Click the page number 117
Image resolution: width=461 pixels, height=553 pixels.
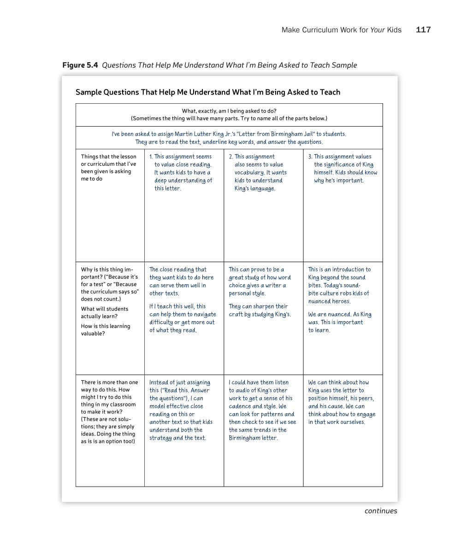423,30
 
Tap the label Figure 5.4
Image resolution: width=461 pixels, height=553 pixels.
80,65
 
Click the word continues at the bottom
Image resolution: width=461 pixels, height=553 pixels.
380,511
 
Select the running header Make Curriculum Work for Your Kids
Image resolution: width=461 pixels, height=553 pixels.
341,30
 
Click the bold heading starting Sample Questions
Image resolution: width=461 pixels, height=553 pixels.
207,92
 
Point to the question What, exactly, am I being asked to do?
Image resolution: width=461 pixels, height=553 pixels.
229,111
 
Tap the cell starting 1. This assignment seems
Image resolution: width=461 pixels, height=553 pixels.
183,172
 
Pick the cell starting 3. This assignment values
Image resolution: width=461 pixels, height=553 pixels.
343,168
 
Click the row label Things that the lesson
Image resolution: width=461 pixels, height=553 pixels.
108,168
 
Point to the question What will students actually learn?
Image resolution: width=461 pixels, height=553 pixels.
105,312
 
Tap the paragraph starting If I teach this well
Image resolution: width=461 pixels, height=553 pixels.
183,318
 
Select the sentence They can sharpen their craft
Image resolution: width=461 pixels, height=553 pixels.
260,310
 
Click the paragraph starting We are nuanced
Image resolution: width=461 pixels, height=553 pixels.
339,322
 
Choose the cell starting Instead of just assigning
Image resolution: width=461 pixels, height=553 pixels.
181,410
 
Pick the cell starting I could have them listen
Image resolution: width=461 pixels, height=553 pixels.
262,410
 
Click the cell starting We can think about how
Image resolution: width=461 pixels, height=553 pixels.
342,402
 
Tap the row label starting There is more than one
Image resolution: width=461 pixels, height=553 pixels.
109,412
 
